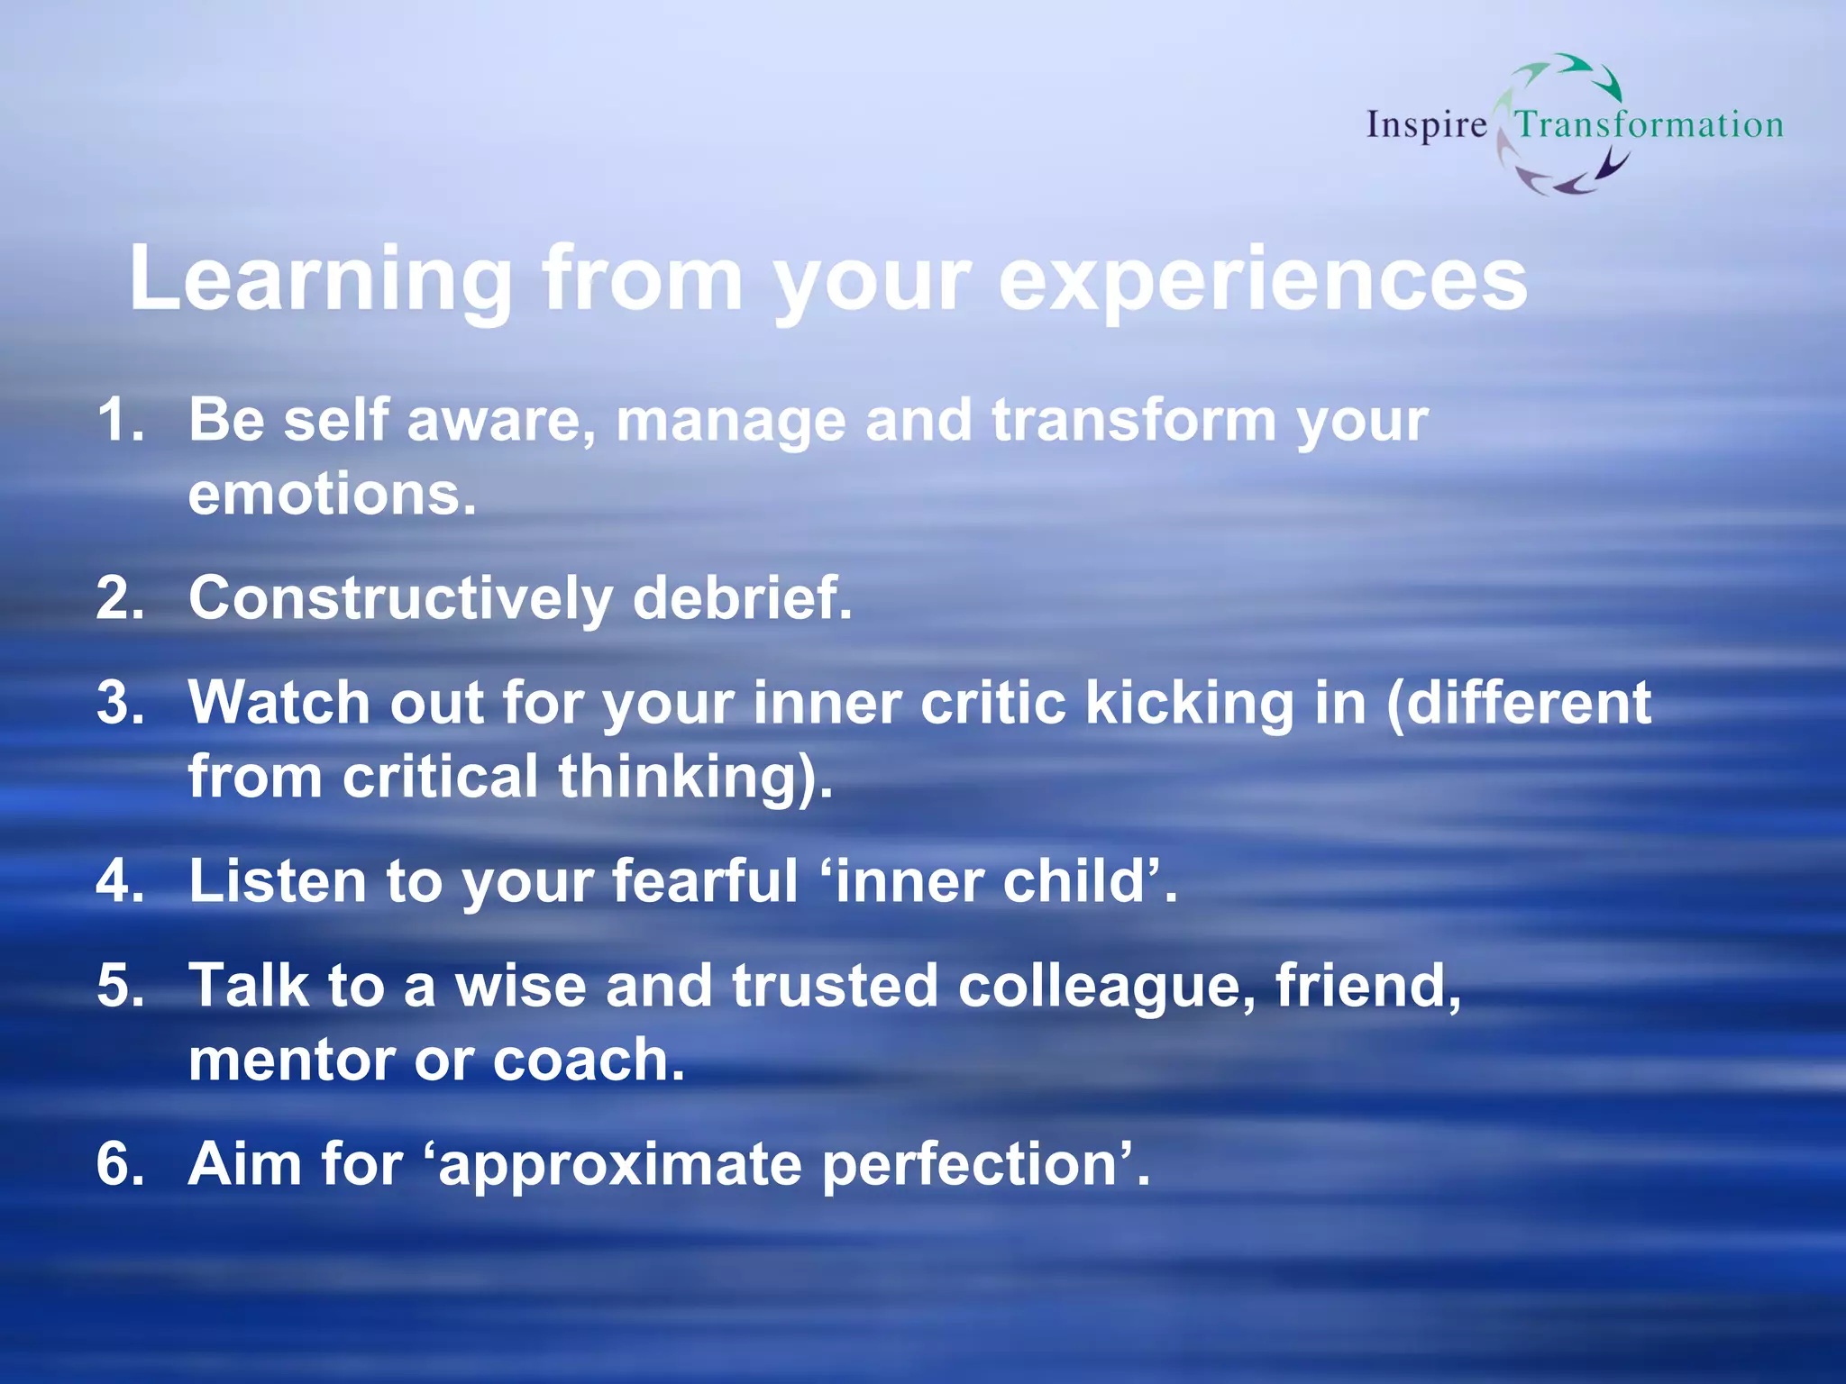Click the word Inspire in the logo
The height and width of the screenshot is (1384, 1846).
1426,125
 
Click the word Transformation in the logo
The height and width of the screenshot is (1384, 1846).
1649,124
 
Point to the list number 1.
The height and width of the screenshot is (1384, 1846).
119,420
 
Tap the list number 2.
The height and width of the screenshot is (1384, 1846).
119,598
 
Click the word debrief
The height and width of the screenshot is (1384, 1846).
741,598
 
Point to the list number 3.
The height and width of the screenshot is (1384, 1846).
119,703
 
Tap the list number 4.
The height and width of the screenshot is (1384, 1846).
119,881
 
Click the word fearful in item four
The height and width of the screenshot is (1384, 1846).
704,881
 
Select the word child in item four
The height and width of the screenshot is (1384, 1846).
1077,881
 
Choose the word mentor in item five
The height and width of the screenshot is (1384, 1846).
290,1060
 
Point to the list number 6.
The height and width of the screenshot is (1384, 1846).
119,1164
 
